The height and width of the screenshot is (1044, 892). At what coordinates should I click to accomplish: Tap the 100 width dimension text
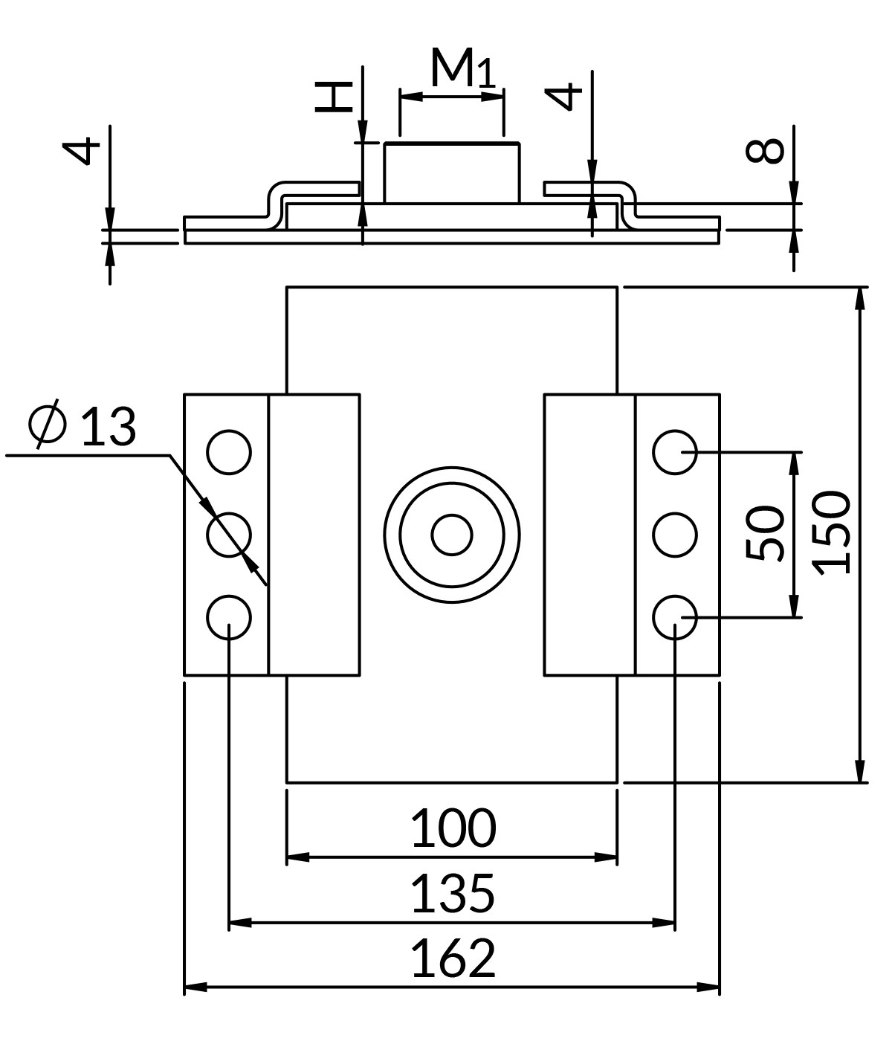[x=453, y=828]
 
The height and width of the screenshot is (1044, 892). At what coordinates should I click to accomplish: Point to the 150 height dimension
[x=831, y=532]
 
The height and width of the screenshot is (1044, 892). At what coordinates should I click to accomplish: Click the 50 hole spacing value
[x=765, y=533]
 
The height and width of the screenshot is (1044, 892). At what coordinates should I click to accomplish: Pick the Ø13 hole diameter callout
[x=83, y=426]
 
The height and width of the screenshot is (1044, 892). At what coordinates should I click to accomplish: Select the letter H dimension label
[x=333, y=97]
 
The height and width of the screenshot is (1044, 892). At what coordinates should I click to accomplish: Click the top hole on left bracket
[x=229, y=452]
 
